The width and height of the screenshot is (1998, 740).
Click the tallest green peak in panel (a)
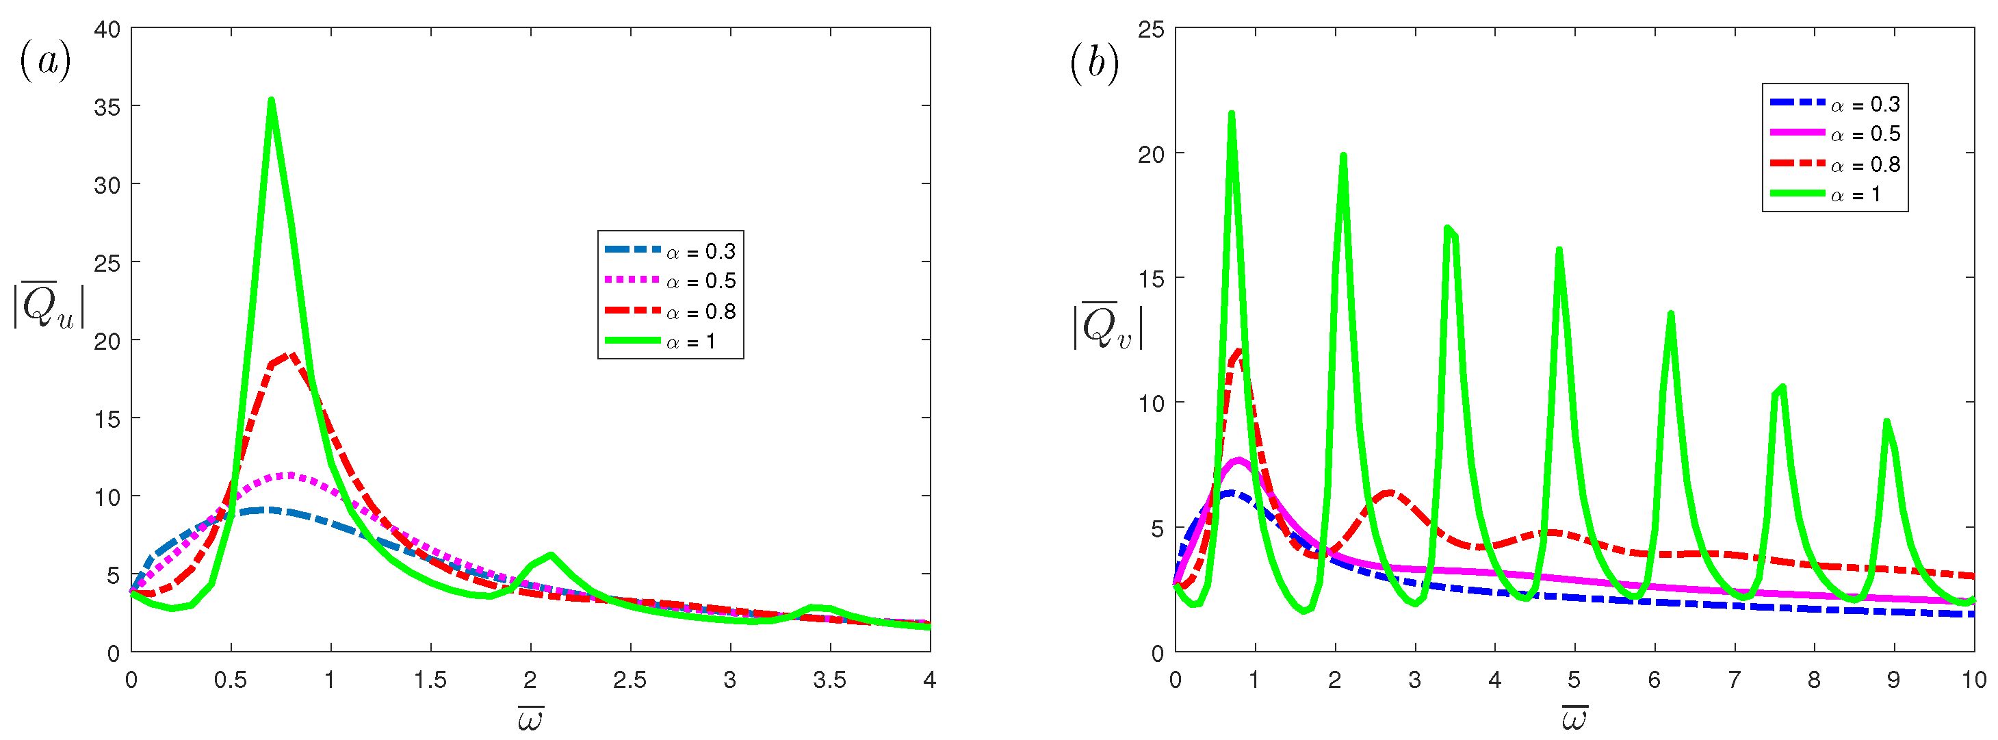point(272,101)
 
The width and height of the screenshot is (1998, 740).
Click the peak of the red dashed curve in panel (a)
point(290,355)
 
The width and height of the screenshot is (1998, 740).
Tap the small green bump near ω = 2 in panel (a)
point(550,555)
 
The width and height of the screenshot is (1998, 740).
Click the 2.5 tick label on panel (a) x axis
point(629,680)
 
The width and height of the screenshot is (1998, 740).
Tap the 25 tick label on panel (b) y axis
point(1151,29)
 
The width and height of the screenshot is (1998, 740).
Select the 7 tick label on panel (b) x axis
point(1735,680)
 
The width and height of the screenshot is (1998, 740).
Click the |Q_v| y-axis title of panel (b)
point(1107,326)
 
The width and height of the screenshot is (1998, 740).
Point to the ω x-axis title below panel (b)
point(1574,718)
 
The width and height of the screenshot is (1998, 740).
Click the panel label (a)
point(45,60)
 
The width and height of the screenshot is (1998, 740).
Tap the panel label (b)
point(1093,62)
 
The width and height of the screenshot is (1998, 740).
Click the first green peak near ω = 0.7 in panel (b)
point(1232,114)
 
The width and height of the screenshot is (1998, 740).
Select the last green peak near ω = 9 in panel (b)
point(1886,423)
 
